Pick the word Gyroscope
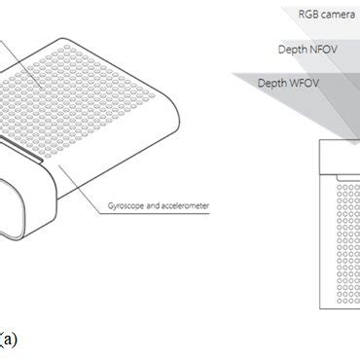[x=128, y=206]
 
